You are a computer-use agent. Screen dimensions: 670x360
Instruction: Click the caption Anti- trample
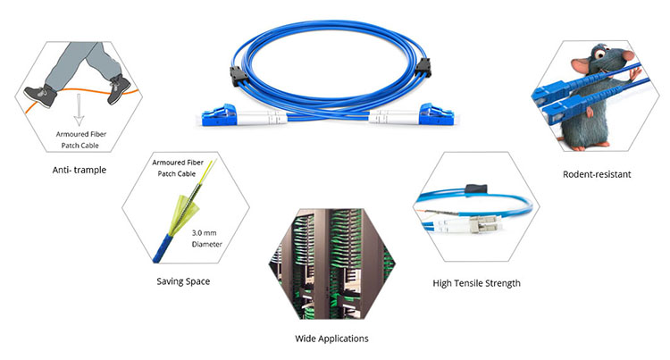pos(79,170)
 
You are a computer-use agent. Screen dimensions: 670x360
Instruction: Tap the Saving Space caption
pos(183,281)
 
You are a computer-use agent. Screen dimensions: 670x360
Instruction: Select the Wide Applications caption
pos(331,339)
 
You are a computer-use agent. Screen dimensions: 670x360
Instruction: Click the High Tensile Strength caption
pos(476,283)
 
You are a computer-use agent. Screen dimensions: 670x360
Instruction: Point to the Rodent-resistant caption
pos(597,174)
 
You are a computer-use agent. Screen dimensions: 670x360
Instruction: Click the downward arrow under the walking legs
pos(79,109)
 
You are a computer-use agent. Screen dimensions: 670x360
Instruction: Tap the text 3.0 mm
pos(204,233)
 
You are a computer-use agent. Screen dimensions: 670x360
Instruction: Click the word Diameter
pos(207,244)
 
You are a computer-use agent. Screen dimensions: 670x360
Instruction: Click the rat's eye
pos(600,54)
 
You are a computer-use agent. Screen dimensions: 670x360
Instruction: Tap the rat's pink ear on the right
pos(628,55)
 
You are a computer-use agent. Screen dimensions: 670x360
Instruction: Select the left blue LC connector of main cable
pos(219,114)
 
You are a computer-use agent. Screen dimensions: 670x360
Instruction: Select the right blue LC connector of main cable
pos(436,114)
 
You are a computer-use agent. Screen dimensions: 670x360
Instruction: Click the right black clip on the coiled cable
pos(423,68)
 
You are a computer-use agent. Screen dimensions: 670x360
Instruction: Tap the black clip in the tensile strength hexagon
pos(476,188)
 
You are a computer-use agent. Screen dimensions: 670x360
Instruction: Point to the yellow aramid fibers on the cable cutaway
pos(184,213)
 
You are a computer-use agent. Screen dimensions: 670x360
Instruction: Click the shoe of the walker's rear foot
pos(40,96)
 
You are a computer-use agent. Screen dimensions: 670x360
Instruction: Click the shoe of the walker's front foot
pos(119,89)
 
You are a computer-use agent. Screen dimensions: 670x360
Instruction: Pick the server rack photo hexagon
pos(332,264)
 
